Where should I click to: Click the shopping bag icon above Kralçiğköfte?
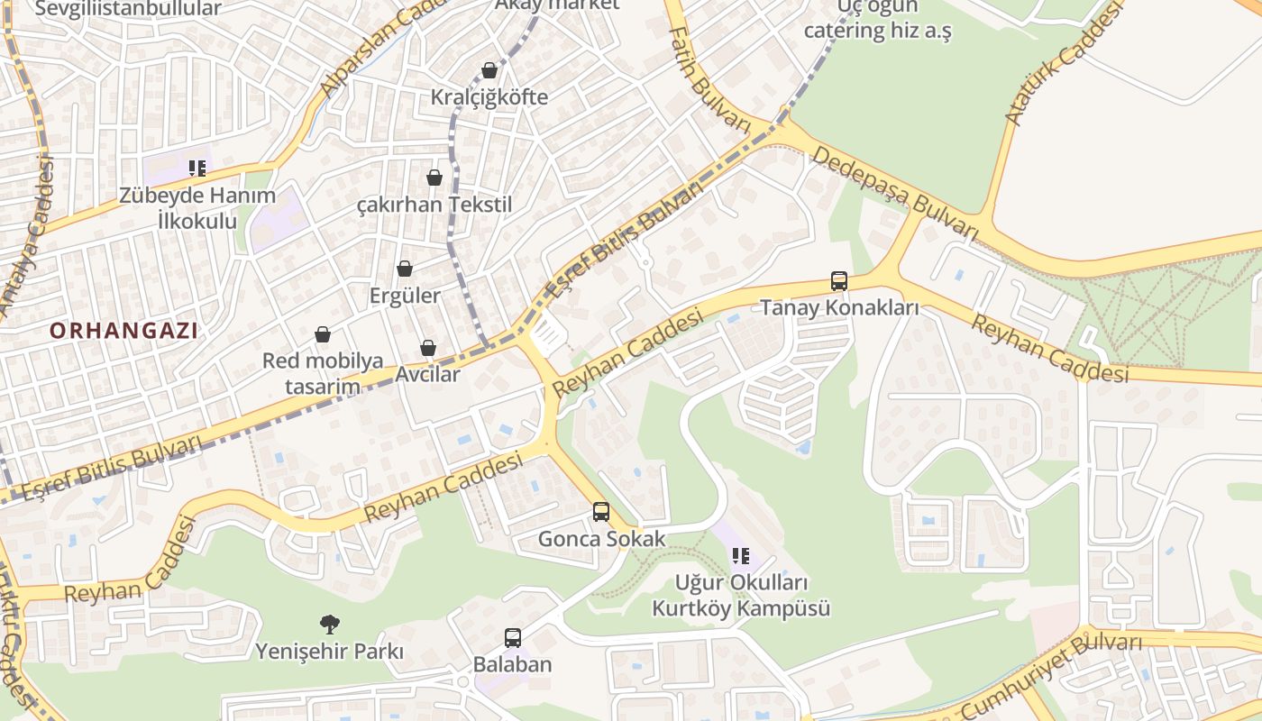pyautogui.click(x=489, y=70)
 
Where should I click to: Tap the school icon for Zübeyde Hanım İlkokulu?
pyautogui.click(x=197, y=168)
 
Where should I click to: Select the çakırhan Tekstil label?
pyautogui.click(x=434, y=205)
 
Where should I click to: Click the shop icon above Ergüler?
pyautogui.click(x=405, y=269)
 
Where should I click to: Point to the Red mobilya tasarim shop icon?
pyautogui.click(x=323, y=335)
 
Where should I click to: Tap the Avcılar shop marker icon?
pyautogui.click(x=428, y=348)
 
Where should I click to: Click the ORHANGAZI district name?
pyautogui.click(x=123, y=331)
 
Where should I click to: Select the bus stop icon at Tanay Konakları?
pyautogui.click(x=839, y=281)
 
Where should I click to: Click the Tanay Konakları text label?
pyautogui.click(x=839, y=307)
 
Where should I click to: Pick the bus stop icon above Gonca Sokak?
pyautogui.click(x=601, y=512)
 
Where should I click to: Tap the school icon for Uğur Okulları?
pyautogui.click(x=741, y=556)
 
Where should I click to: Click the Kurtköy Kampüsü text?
pyautogui.click(x=741, y=608)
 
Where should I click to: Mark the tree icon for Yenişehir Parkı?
pyautogui.click(x=330, y=623)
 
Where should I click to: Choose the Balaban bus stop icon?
pyautogui.click(x=513, y=638)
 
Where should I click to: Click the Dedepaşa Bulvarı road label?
pyautogui.click(x=894, y=193)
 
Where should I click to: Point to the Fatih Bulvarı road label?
pyautogui.click(x=709, y=79)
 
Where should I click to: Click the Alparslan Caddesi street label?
pyautogui.click(x=379, y=50)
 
